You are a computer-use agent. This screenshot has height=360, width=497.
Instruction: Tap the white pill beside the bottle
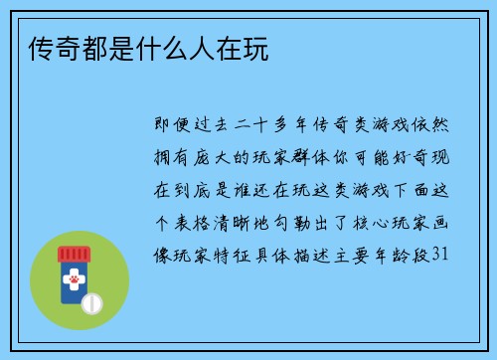tap(91, 301)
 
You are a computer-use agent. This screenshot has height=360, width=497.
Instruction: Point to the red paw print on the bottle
tap(73, 282)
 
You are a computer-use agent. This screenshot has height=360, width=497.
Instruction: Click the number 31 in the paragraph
tap(443, 255)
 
